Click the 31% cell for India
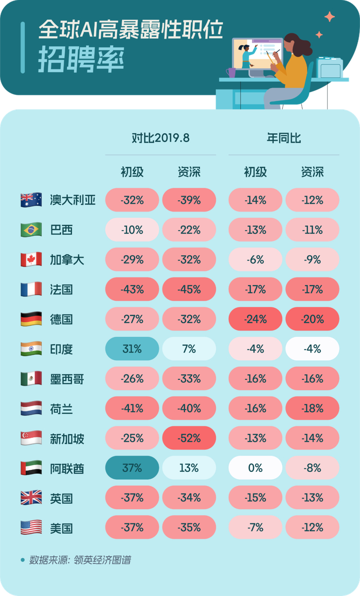click(132, 349)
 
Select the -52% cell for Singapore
click(189, 439)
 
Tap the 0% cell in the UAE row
click(256, 468)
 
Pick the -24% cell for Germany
click(256, 319)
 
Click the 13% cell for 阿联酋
click(189, 468)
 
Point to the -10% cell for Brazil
click(132, 230)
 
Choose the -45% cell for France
click(189, 289)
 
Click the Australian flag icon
click(31, 200)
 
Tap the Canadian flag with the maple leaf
click(31, 259)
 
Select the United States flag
click(31, 528)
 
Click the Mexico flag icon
click(31, 379)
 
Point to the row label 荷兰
click(61, 409)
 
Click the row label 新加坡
click(67, 439)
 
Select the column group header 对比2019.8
click(160, 138)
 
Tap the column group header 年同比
click(283, 138)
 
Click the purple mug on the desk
click(231, 73)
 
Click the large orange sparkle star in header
click(330, 16)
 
